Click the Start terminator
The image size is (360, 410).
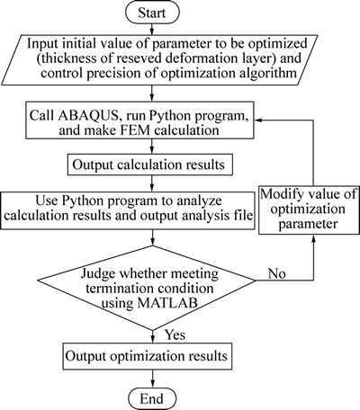click(152, 13)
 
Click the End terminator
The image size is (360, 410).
click(152, 398)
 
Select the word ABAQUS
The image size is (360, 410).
click(89, 115)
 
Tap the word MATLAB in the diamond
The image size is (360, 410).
click(167, 303)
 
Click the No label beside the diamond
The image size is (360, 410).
click(277, 273)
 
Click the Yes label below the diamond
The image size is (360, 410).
click(175, 334)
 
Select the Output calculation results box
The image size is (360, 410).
click(150, 165)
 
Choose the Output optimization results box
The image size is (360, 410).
click(148, 356)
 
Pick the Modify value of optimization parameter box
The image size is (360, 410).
click(309, 209)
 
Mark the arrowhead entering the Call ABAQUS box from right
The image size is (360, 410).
click(258, 120)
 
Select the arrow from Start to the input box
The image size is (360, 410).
click(152, 29)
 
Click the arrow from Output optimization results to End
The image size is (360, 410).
click(153, 379)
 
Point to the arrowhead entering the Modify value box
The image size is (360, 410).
click(313, 238)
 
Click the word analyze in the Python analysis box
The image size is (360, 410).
click(201, 201)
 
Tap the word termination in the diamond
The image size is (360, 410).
click(119, 289)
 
